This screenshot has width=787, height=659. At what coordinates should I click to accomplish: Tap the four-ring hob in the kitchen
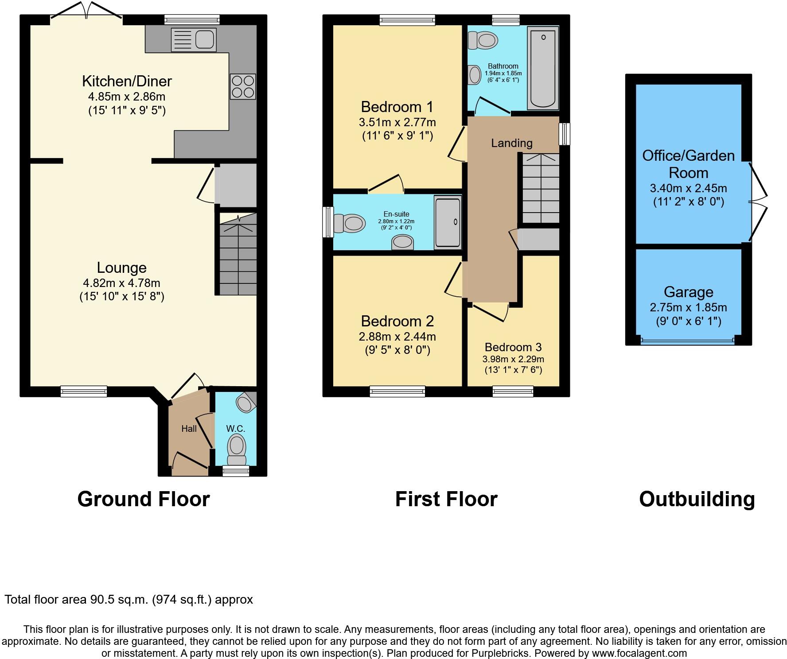(243, 86)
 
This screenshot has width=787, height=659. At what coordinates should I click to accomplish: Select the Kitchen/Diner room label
(127, 81)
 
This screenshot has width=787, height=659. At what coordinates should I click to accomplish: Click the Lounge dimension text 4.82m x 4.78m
(121, 283)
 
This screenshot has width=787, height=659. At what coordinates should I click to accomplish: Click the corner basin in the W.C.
(245, 402)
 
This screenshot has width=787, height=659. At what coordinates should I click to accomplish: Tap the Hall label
(189, 429)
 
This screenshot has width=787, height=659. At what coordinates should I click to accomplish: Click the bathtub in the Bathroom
(543, 68)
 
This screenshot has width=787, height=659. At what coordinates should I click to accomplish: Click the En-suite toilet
(350, 223)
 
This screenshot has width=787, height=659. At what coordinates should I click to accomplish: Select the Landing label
(511, 143)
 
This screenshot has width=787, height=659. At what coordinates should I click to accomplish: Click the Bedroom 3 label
(513, 347)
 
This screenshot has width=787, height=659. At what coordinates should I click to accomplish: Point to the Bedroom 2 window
(397, 391)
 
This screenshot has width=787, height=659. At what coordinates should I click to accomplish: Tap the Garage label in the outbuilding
(688, 292)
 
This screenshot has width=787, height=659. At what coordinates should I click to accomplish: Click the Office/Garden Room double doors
(757, 202)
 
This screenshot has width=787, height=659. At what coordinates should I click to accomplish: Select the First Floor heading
(446, 499)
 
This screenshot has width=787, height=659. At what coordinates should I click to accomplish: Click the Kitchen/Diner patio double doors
(86, 11)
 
